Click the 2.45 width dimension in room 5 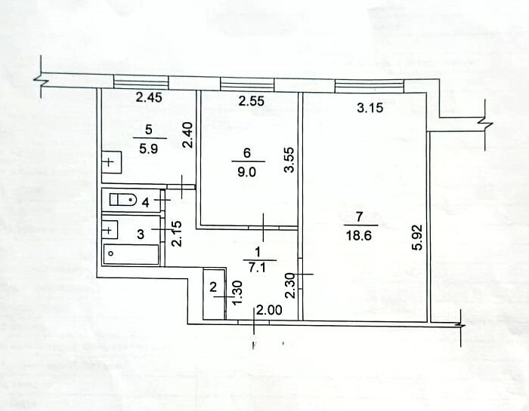tap(149, 97)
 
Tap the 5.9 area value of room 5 tap(149, 148)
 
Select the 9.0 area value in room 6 tap(247, 172)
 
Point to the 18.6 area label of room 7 tap(359, 235)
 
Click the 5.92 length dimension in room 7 tap(417, 238)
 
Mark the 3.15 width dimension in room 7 tap(370, 108)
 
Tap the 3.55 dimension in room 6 tap(289, 160)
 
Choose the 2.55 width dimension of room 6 tap(252, 101)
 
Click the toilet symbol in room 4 tap(122, 200)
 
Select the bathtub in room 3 tap(131, 254)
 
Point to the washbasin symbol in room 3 tap(110, 230)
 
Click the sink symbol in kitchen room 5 tap(111, 163)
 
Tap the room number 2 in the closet tap(213, 288)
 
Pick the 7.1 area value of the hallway tap(258, 268)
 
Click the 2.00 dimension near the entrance tap(269, 310)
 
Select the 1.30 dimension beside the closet tap(238, 293)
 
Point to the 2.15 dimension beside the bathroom tap(177, 234)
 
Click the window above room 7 tap(370, 85)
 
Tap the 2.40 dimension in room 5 tap(187, 135)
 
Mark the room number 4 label tap(145, 203)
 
